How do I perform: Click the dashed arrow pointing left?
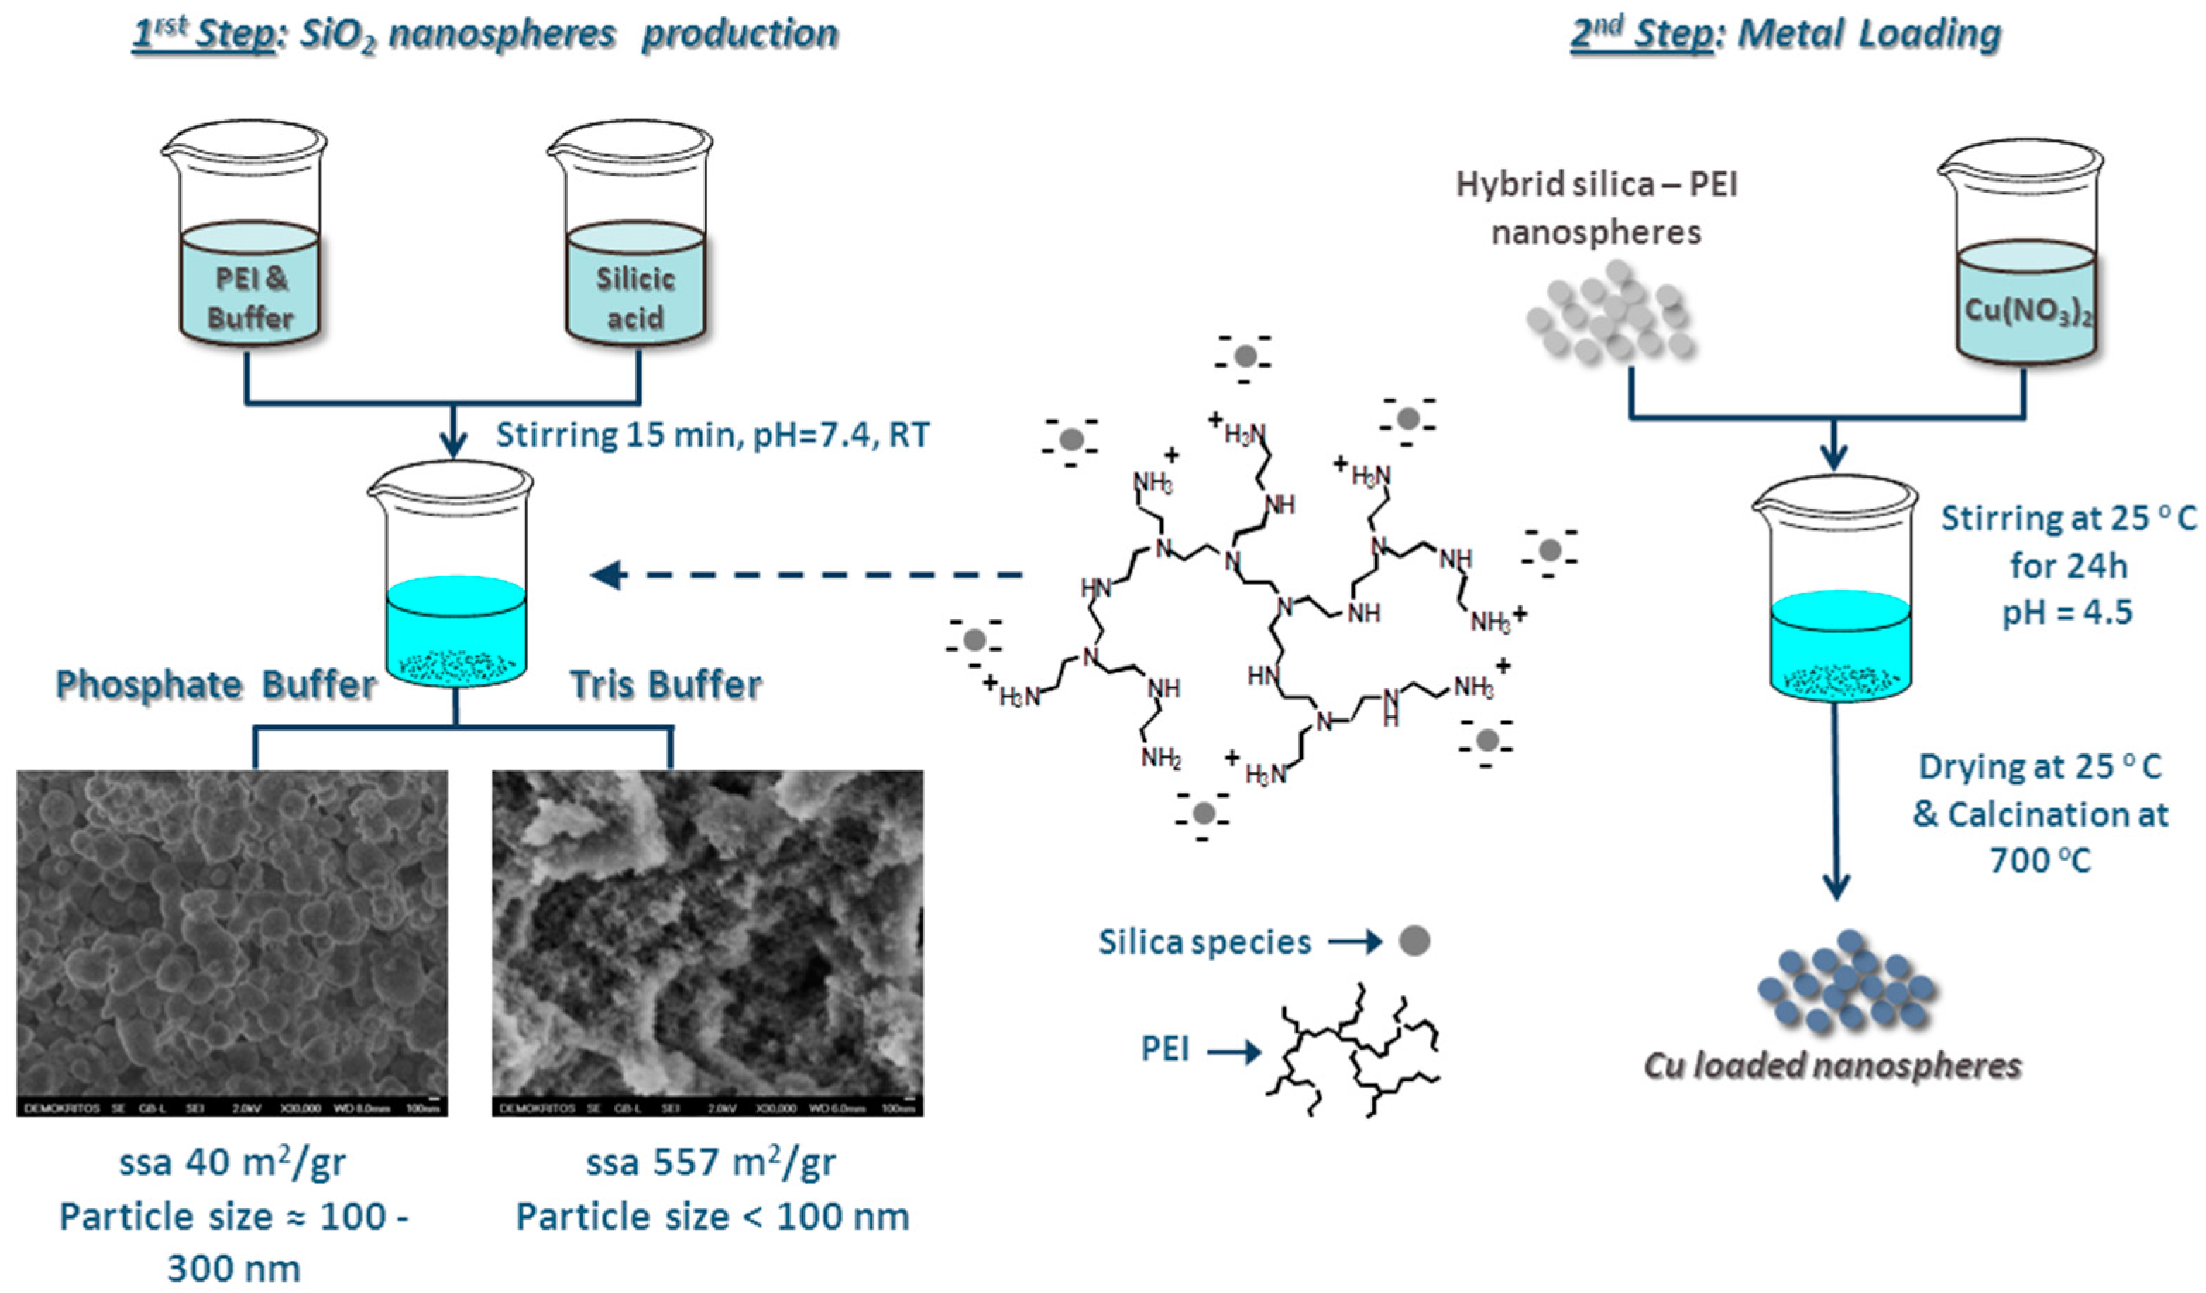click(x=805, y=575)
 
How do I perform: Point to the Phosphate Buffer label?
click(x=215, y=684)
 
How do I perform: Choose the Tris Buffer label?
click(x=665, y=684)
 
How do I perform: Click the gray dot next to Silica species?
click(x=1414, y=941)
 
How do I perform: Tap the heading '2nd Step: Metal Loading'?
click(x=1786, y=34)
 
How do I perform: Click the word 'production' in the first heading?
click(x=740, y=34)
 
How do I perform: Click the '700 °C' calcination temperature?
click(x=2040, y=861)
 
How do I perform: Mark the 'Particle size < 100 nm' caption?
click(x=712, y=1216)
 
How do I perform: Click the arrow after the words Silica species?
click(x=1354, y=942)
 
